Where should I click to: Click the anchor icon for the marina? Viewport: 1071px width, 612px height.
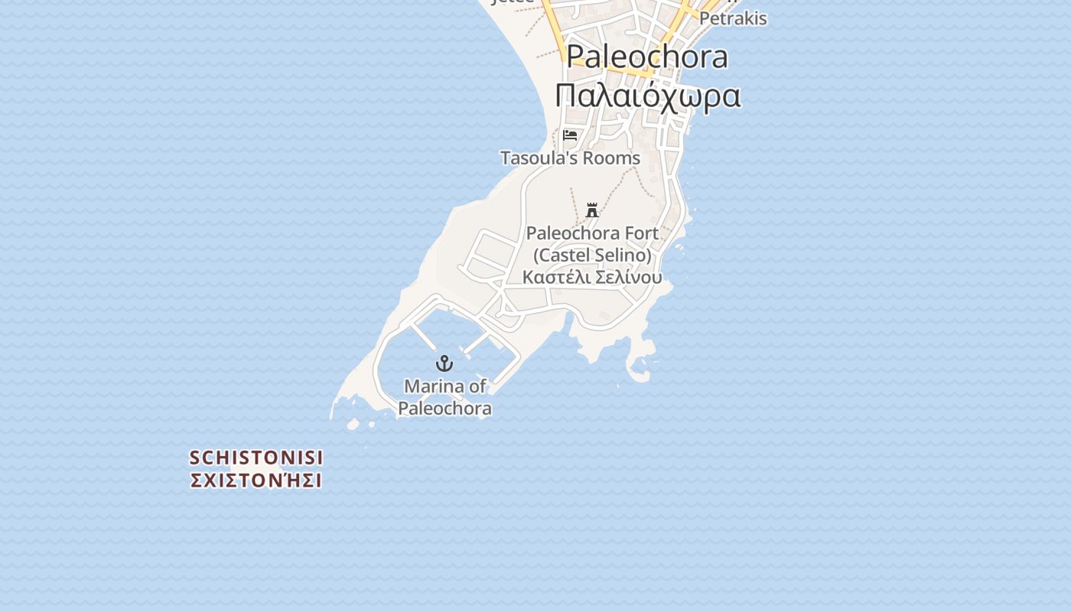(444, 363)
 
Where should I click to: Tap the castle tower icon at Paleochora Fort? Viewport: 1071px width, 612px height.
(592, 210)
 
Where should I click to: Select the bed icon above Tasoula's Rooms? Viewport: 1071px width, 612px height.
(570, 135)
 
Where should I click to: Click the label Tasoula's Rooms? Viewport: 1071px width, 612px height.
(570, 158)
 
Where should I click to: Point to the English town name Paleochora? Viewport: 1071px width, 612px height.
(647, 57)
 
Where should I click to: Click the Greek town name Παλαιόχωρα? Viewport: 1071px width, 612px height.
(647, 96)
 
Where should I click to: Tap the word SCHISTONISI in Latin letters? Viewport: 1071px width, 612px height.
(256, 457)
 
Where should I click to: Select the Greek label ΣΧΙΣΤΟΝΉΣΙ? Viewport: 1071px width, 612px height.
(256, 480)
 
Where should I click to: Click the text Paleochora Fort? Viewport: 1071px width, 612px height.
(592, 233)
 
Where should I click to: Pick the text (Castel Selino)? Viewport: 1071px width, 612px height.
(592, 255)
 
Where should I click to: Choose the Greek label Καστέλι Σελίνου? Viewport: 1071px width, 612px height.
(592, 277)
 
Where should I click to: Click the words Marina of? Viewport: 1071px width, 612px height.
(444, 386)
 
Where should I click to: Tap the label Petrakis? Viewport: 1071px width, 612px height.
(733, 18)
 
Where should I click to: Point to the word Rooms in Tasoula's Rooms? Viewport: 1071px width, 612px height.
(610, 158)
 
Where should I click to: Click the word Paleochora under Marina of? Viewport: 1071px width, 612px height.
(444, 408)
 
